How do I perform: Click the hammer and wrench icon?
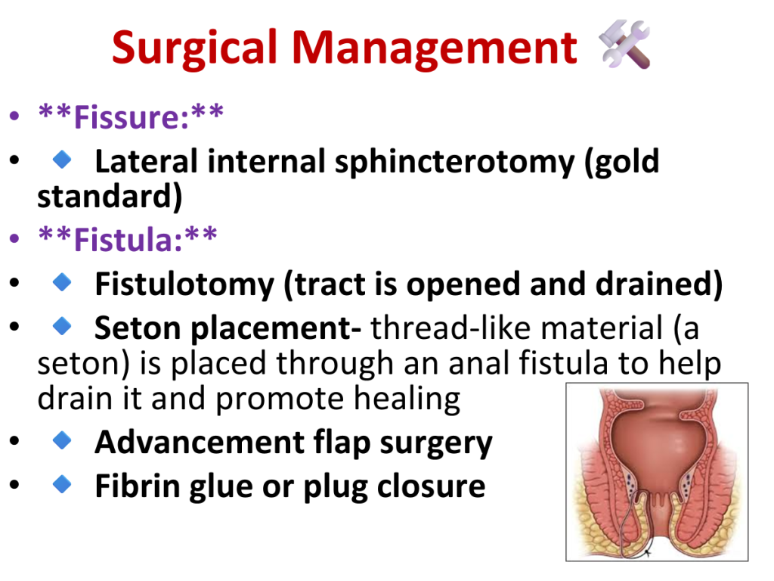[x=624, y=45]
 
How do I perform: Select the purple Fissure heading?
[x=131, y=117]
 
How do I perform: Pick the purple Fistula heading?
[x=127, y=240]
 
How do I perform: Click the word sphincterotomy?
[x=454, y=163]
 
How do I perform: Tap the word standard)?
[x=110, y=197]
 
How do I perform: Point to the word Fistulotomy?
[x=184, y=285]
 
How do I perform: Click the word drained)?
[x=659, y=284]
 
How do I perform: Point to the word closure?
[x=431, y=486]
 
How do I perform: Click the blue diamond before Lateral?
[x=62, y=160]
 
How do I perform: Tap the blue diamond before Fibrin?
[x=62, y=484]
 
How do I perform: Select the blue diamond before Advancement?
[x=62, y=440]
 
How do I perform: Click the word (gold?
[x=622, y=163]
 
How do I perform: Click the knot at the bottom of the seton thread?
[x=648, y=551]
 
